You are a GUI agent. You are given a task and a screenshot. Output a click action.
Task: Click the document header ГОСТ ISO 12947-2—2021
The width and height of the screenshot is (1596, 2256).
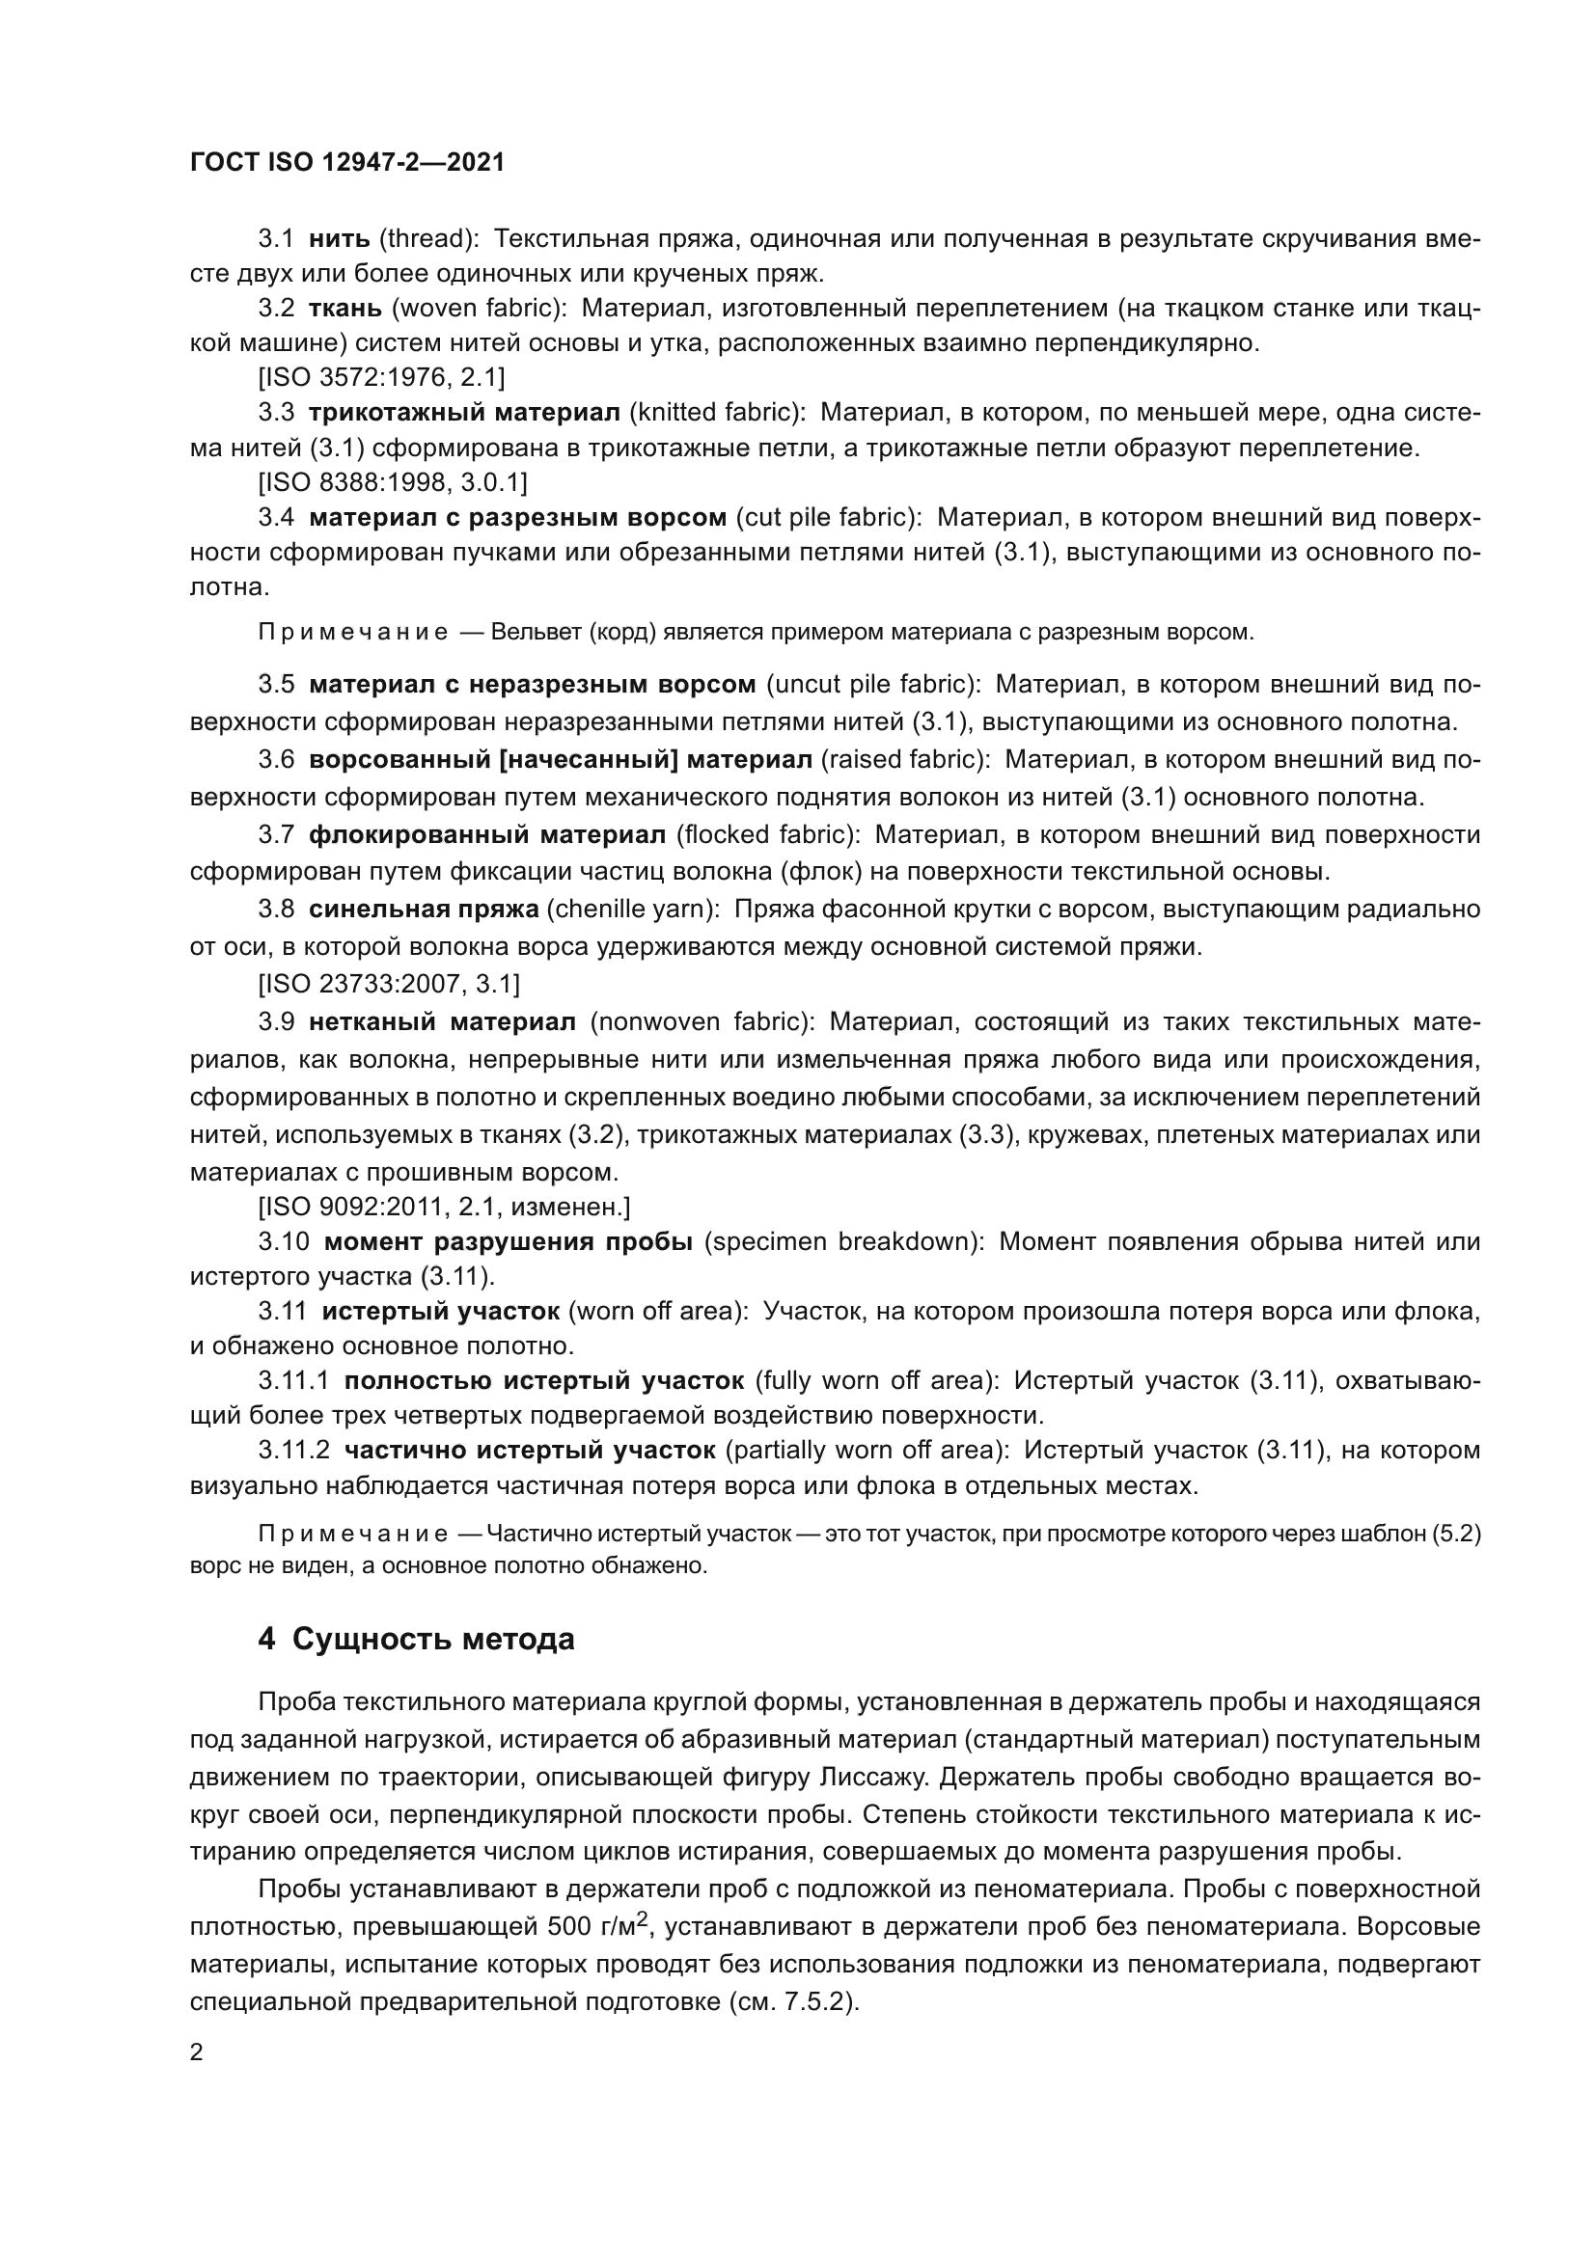[347, 162]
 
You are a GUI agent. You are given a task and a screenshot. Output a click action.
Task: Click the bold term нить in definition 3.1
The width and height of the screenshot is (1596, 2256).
[339, 239]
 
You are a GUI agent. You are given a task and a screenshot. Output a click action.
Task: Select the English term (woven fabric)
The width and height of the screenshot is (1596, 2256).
[480, 309]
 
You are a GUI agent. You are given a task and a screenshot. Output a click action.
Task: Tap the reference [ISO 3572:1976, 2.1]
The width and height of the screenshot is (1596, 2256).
[381, 377]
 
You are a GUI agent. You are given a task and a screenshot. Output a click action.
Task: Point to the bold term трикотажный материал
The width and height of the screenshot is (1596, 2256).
[464, 413]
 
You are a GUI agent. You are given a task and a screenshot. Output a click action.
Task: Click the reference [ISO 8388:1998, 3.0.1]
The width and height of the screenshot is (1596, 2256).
[392, 482]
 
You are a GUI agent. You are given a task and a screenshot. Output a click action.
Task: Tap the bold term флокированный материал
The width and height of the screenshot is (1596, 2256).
[487, 835]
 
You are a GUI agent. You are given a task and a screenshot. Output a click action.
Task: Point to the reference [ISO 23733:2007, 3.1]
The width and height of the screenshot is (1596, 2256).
[389, 984]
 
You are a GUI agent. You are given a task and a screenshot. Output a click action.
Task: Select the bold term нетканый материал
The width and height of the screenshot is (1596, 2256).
[442, 1021]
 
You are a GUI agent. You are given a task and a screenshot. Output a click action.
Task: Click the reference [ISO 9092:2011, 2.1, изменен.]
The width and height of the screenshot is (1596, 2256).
[444, 1206]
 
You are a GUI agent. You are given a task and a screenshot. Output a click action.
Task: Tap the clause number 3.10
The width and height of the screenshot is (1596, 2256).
[283, 1242]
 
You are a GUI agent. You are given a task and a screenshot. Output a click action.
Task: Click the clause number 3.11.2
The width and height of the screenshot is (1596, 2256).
[294, 1451]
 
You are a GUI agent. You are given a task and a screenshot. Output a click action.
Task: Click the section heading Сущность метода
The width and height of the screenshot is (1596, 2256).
[433, 1640]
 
